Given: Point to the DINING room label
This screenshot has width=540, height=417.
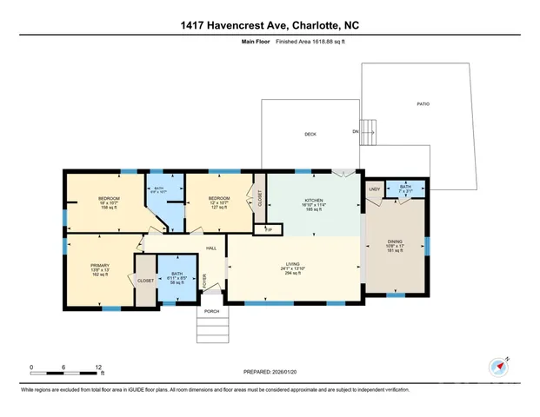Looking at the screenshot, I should pos(396,242).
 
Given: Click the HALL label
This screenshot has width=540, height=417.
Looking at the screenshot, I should pos(210,248).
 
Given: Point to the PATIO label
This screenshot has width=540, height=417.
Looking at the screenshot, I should pos(423,104).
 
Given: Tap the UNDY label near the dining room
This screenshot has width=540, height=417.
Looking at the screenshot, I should pos(374,189).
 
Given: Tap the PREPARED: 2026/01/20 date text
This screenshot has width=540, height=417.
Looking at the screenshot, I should pos(270,372).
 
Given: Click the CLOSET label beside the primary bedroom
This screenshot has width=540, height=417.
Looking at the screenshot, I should pos(144,280).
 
